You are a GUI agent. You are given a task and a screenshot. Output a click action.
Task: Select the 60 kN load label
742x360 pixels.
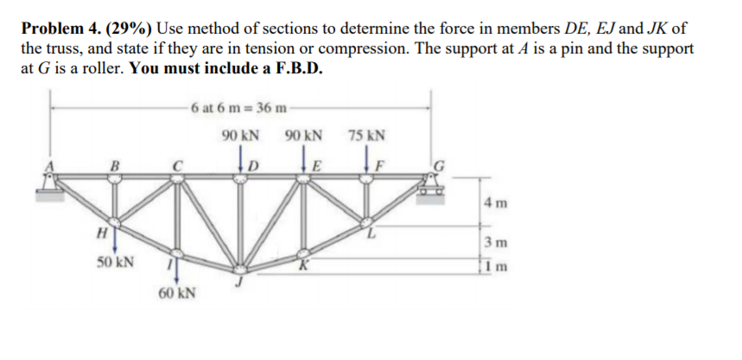click(176, 294)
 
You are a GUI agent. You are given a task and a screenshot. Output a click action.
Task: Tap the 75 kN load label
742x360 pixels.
click(367, 136)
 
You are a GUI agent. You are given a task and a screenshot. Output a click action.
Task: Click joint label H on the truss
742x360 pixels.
click(101, 231)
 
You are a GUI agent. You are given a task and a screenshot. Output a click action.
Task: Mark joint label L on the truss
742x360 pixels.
click(371, 234)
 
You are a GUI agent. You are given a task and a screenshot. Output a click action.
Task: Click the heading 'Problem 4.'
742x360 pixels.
click(55, 29)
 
